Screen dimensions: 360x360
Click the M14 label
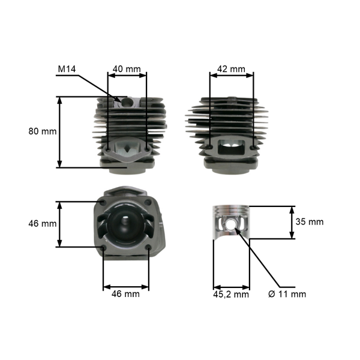68,69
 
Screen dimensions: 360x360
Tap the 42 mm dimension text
231,69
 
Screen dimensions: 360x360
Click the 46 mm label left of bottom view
42,223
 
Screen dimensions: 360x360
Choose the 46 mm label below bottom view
126,294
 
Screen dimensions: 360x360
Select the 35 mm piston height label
310,221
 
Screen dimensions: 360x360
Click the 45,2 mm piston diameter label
231,294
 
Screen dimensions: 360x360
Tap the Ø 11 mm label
287,294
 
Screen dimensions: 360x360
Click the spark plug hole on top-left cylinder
126,102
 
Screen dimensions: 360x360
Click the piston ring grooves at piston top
231,211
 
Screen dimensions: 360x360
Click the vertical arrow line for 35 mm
292,223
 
